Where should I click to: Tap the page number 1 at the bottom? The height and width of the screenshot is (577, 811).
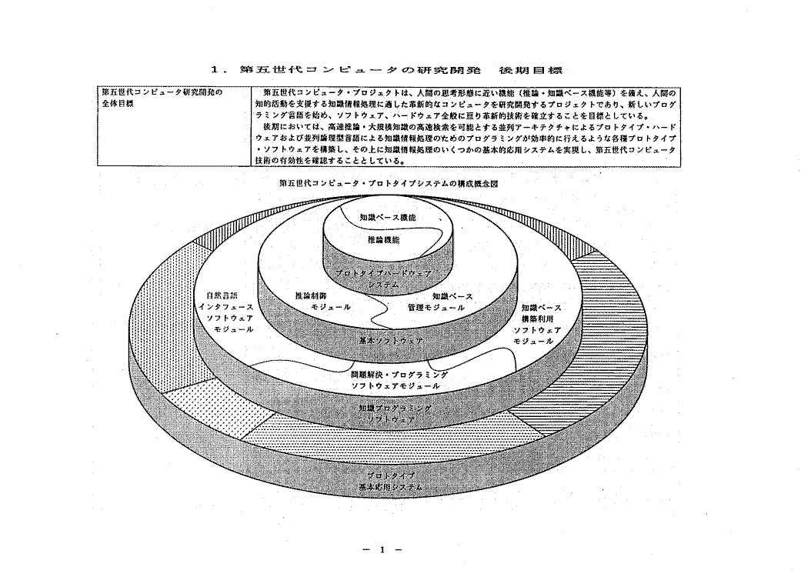point(382,549)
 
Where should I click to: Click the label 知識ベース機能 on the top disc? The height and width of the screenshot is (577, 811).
point(387,218)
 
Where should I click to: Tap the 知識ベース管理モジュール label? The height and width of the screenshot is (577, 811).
point(436,301)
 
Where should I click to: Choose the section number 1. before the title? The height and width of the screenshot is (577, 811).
point(218,71)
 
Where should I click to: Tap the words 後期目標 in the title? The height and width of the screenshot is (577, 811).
point(531,70)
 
